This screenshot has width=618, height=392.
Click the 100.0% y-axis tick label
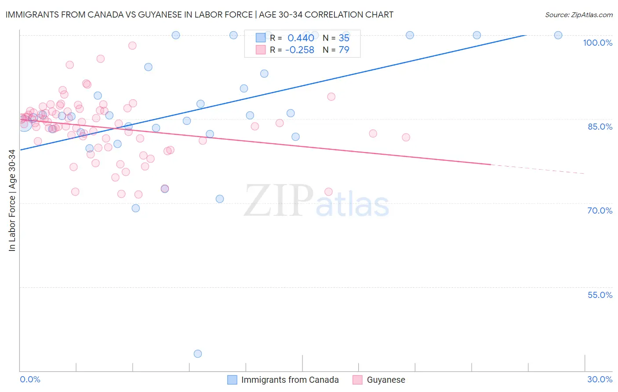pos(597,43)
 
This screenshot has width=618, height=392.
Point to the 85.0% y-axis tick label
pos(600,127)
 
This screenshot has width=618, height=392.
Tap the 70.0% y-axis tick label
pos(600,211)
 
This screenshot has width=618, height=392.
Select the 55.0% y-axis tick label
pos(600,295)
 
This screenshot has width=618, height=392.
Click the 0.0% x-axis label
pos(30,379)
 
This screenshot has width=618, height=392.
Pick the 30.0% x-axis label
pos(600,379)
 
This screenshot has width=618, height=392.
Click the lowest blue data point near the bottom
pos(198,354)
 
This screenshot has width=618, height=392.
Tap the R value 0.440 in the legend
pos(301,38)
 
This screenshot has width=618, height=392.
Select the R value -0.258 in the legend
pos(299,50)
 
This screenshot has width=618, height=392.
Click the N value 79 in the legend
pos(344,50)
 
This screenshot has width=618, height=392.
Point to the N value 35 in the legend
pos(344,38)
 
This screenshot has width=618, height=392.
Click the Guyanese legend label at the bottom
pos(386,380)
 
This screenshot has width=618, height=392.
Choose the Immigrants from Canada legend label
pos(290,380)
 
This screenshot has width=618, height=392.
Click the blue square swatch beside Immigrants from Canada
pos(232,380)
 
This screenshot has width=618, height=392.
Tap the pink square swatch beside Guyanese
pos(357,380)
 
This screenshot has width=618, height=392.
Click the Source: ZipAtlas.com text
pos(578,15)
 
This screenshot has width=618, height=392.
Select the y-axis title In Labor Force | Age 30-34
pos(12,200)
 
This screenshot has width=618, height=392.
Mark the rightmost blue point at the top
pos(558,35)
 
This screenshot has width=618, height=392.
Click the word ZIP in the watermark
pos(278,201)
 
